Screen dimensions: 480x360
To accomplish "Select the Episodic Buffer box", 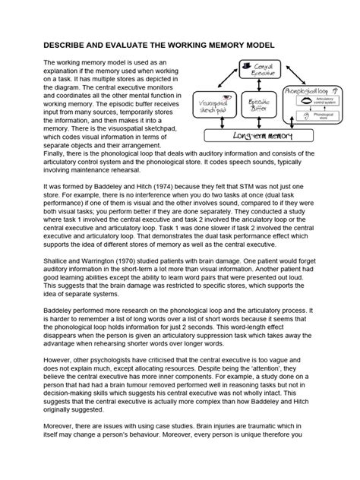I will tap(260, 104).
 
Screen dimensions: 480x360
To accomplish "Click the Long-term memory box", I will tap(259, 135).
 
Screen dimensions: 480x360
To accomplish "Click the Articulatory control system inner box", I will tap(317, 101).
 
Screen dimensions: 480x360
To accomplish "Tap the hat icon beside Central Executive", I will tap(245, 67).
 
